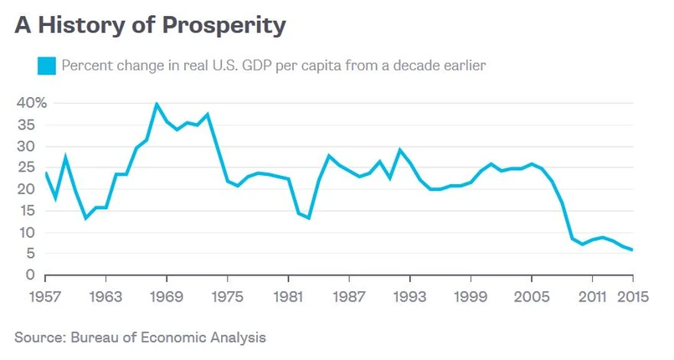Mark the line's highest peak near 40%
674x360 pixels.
point(157,104)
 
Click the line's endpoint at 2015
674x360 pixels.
point(632,249)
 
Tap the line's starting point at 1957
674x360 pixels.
point(45,172)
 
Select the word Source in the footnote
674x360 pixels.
point(37,337)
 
